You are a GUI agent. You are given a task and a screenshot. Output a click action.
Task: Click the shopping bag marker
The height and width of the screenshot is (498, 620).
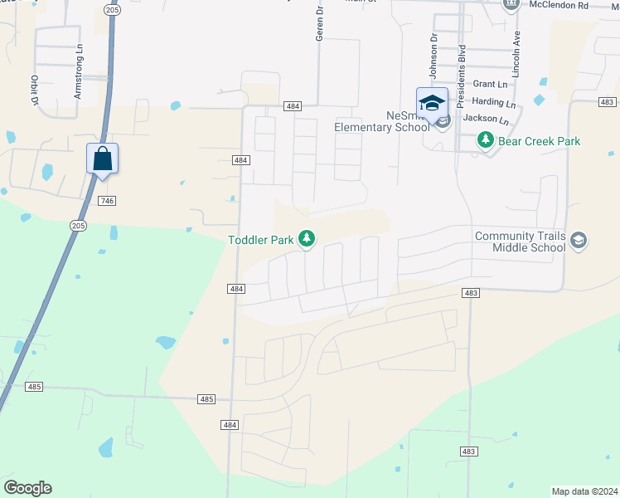(102, 158)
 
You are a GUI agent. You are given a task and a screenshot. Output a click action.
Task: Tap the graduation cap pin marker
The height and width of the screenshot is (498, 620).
(432, 103)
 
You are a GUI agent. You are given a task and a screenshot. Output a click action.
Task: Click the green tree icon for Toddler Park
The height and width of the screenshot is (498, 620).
(307, 240)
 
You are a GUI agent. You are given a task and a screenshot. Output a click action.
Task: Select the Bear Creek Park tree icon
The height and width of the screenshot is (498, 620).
(486, 141)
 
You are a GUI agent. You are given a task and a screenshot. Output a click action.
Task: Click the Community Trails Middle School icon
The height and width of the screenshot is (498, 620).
(579, 242)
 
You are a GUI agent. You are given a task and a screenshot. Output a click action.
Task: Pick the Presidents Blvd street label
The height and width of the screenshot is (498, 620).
(462, 70)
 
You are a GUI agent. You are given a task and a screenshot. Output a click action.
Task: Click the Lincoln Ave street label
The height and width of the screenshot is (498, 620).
(516, 55)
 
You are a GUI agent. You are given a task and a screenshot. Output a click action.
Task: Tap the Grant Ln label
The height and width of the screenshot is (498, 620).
(490, 84)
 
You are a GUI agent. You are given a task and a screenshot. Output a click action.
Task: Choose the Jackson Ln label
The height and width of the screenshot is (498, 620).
(485, 119)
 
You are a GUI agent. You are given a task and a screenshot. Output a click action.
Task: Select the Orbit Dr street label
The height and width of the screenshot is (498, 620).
(36, 90)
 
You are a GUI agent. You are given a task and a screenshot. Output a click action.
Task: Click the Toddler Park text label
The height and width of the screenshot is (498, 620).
(262, 240)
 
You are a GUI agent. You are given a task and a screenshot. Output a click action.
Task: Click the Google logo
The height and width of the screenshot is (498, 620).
(27, 488)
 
